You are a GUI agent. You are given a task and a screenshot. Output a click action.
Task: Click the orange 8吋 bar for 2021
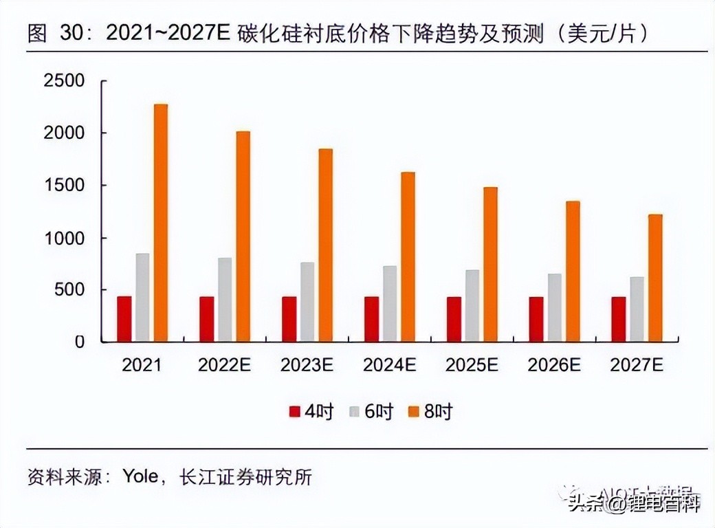coord(161,223)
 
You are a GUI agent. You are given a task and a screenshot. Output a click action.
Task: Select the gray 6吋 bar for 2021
coord(142,297)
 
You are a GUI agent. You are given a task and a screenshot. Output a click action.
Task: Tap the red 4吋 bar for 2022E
coord(206,319)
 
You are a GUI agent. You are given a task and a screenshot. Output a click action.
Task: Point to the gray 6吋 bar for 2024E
coord(390,303)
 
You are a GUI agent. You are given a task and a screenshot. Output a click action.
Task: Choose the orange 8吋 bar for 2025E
coord(490,264)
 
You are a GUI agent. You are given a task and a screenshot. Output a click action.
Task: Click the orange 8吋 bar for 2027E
coord(655,278)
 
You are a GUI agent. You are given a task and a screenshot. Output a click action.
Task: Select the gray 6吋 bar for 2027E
coord(637,309)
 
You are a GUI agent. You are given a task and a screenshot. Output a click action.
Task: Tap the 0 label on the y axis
coord(80,342)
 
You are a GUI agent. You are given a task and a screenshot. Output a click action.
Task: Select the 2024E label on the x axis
coord(389,365)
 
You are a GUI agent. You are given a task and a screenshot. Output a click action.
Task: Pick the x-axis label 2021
coord(142,365)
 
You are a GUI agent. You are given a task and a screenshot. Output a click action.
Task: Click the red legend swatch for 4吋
coord(295,412)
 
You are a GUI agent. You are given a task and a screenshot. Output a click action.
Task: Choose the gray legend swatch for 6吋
coord(355,412)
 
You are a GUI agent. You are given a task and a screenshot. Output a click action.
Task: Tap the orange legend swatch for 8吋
coord(415,412)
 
